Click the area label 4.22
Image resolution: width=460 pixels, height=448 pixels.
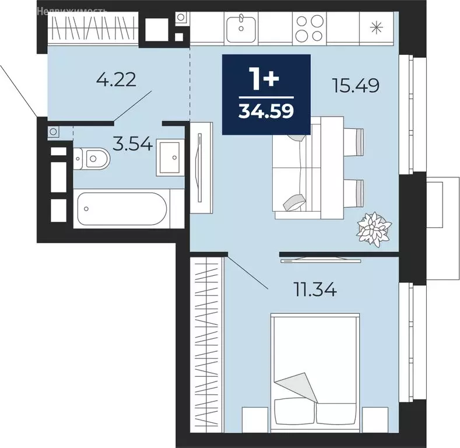coord(116,79)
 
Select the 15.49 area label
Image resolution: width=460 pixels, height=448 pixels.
coord(356,85)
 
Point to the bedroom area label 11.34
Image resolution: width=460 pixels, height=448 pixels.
coord(315,290)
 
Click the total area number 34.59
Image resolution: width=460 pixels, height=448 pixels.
coord(266,111)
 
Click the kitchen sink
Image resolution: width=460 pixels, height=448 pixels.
coord(241,28)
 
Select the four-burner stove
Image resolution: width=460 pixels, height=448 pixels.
coord(309,29)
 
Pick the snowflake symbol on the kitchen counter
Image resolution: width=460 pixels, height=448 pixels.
coord(377,28)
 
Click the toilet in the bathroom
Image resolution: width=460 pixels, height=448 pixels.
coord(91,159)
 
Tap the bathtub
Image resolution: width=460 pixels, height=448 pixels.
coord(122,208)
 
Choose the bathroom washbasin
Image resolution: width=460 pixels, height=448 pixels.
coord(170,157)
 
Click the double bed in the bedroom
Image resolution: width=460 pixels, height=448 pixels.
coord(315,372)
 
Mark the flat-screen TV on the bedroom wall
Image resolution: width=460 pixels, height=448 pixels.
coord(321,260)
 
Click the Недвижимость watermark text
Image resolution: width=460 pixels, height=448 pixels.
coord(72,12)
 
